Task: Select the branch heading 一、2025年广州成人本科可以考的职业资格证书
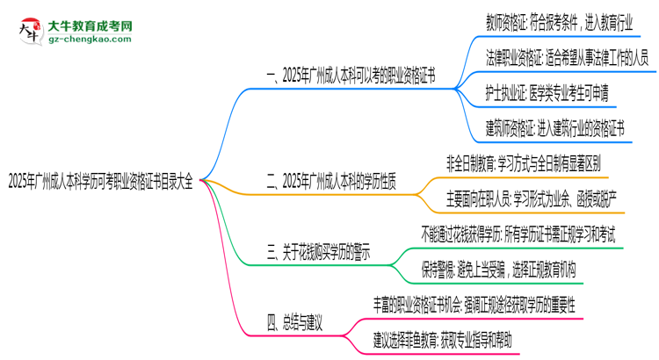pyautogui.click(x=351, y=76)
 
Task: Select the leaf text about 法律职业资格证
pyautogui.click(x=567, y=56)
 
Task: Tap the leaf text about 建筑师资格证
pyautogui.click(x=554, y=129)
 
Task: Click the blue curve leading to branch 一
pyautogui.click(x=230, y=114)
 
